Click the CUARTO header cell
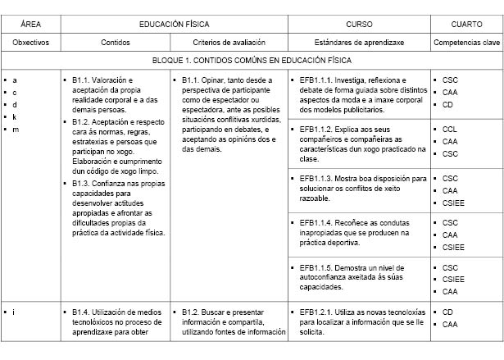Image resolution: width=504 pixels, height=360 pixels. (465, 25)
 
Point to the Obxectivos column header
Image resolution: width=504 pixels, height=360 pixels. (31, 42)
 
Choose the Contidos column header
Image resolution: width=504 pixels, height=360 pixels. (115, 42)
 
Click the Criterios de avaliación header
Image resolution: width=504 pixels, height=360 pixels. (229, 42)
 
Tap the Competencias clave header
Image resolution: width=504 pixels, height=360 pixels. (465, 42)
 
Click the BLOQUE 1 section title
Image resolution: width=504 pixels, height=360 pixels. (252, 61)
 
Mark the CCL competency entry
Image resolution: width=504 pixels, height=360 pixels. (449, 129)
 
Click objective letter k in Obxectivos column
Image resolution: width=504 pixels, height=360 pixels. (15, 117)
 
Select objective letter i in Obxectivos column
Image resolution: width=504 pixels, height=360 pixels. (15, 312)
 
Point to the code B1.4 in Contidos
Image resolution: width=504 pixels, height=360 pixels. (80, 312)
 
